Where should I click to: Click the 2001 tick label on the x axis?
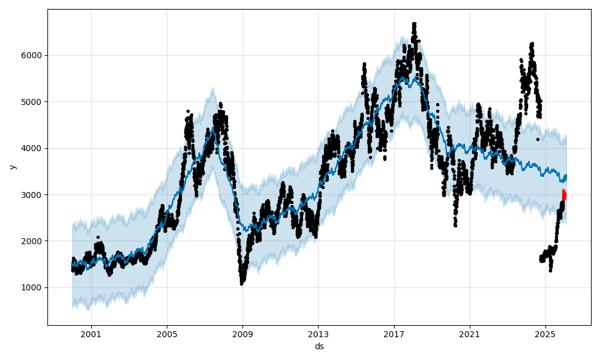point(91,334)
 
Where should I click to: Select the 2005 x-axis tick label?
point(167,334)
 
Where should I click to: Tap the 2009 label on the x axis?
point(242,334)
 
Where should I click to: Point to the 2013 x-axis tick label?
point(319,334)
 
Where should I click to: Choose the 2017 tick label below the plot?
point(394,334)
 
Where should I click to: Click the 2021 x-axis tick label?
point(470,334)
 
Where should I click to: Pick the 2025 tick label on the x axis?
point(545,334)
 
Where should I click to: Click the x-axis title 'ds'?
point(319,346)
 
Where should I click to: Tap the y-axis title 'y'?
point(12,167)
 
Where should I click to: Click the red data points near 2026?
point(564,195)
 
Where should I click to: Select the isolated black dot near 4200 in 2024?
point(538,139)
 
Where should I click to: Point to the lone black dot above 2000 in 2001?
point(98,237)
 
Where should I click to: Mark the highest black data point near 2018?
point(414,24)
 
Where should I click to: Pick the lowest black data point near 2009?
point(242,283)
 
